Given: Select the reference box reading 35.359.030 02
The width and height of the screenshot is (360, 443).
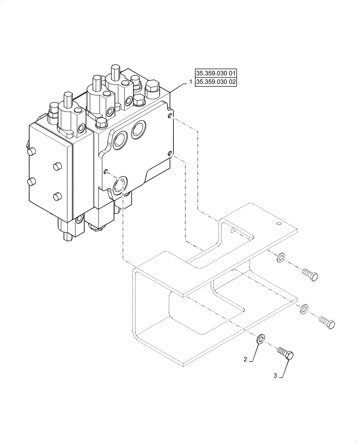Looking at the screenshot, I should point(215,82).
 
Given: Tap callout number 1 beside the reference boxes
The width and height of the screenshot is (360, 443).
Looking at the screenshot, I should point(191,82).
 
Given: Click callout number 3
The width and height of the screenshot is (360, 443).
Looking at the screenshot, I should point(275,376).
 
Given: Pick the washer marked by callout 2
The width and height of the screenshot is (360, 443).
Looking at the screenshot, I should point(260,340).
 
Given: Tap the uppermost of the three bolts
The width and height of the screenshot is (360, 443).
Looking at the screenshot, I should point(309,275).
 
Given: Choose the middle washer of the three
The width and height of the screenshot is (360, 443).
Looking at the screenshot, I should point(304,308).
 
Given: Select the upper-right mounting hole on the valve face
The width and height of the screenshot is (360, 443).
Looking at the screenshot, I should point(170,116).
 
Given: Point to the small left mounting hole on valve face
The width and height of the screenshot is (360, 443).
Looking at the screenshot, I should point(106,171).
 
